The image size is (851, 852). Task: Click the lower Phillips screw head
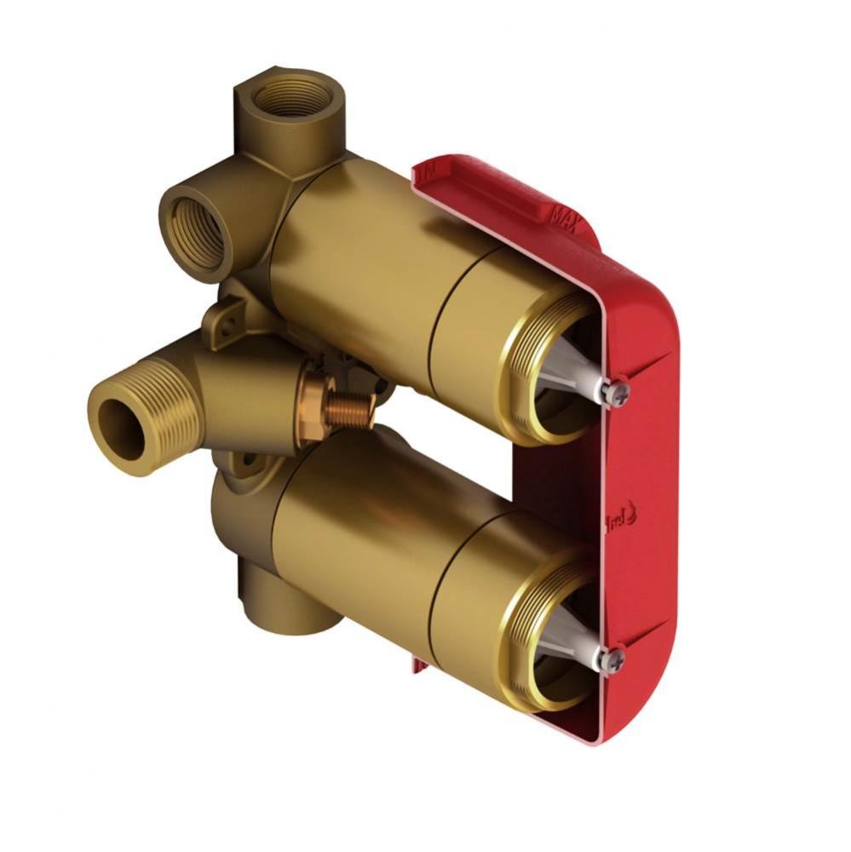coord(612,659)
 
